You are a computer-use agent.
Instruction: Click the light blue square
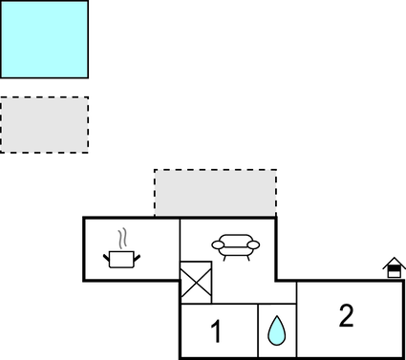(44, 39)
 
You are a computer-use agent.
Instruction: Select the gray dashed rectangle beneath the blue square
(44, 124)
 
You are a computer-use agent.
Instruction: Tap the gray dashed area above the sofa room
(215, 193)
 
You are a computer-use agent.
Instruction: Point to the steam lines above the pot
(122, 238)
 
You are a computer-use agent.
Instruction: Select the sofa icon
(234, 247)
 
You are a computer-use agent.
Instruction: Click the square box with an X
(195, 284)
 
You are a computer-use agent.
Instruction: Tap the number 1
(216, 332)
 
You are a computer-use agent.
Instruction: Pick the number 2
(346, 316)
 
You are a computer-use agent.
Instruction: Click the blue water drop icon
(277, 330)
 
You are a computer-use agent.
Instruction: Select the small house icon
(394, 268)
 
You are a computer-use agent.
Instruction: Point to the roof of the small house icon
(394, 263)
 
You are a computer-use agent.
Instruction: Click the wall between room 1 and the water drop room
(258, 331)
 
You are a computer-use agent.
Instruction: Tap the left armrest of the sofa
(217, 245)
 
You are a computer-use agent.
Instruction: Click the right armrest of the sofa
(252, 245)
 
